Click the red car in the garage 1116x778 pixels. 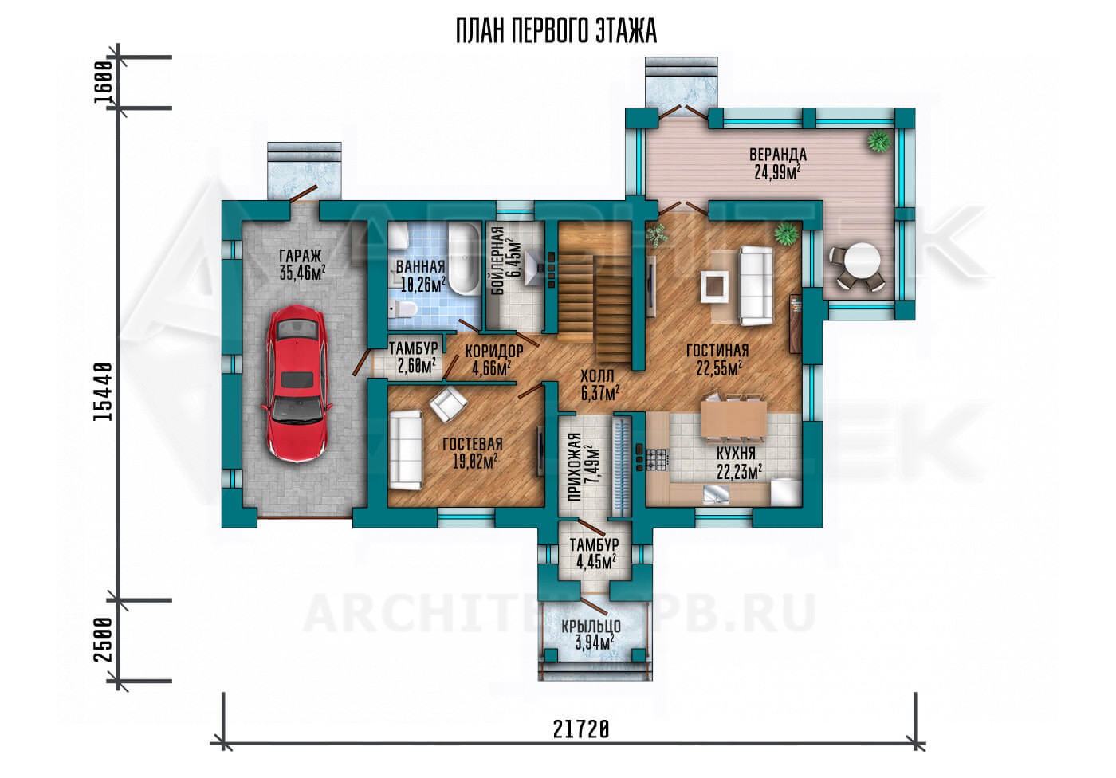[x=297, y=382]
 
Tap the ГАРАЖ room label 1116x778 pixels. [x=301, y=256]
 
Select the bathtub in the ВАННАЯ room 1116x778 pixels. [x=464, y=259]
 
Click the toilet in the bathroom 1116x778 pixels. [x=402, y=309]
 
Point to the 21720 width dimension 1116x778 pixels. [x=581, y=730]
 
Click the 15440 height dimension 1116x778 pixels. [x=103, y=392]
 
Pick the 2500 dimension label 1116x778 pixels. [x=103, y=640]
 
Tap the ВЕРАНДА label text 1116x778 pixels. [x=778, y=155]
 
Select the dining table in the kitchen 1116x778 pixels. [x=734, y=418]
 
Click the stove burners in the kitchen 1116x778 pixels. [x=658, y=459]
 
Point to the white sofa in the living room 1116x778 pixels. [x=756, y=285]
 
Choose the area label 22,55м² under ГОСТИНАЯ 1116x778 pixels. [x=719, y=368]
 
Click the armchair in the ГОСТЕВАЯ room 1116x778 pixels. [x=448, y=404]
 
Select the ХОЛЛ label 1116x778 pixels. [x=597, y=375]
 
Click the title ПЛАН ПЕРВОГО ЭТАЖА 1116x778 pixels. [x=556, y=31]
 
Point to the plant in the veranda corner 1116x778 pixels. [x=878, y=140]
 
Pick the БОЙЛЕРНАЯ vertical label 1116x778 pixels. [x=497, y=261]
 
